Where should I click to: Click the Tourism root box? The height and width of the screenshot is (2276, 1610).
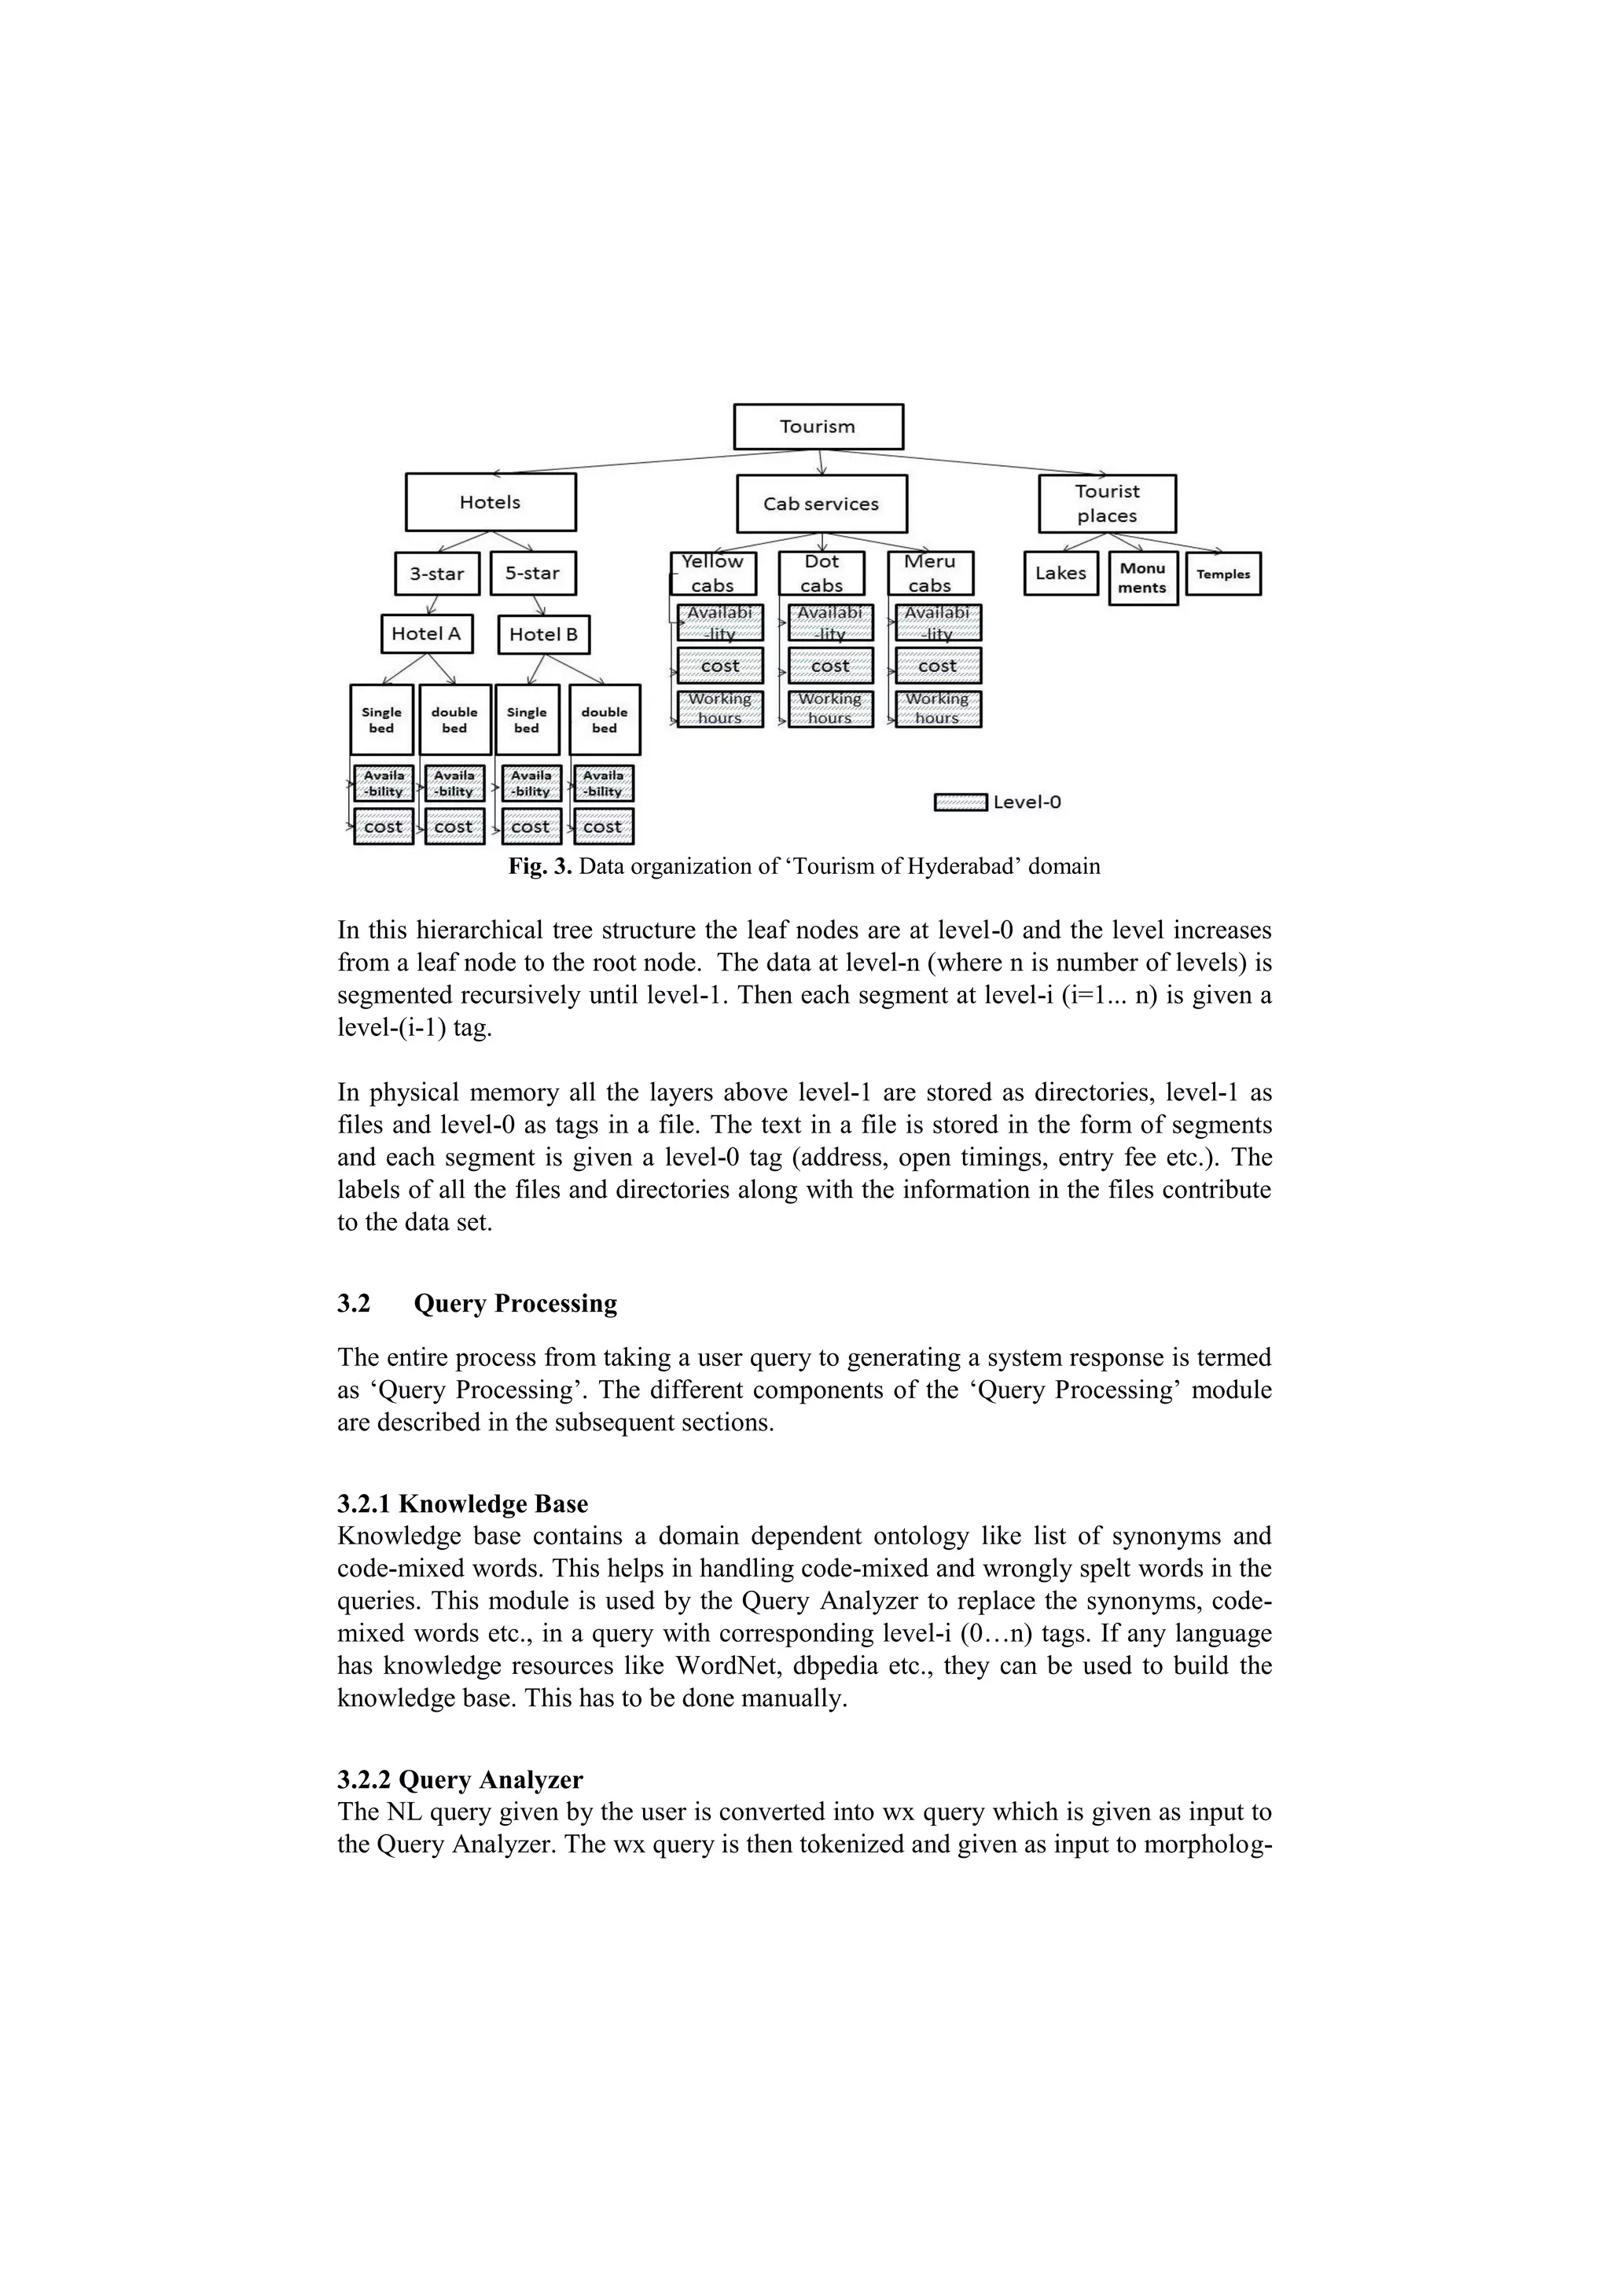tap(818, 426)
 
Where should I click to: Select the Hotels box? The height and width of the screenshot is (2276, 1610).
tap(490, 501)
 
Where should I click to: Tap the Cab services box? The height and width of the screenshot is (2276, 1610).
tap(821, 504)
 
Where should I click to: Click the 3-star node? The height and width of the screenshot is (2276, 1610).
tap(436, 573)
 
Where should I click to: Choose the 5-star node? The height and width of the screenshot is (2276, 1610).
tap(532, 573)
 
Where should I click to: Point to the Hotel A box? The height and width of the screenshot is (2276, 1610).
tap(426, 633)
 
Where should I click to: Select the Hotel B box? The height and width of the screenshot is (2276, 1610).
tap(542, 634)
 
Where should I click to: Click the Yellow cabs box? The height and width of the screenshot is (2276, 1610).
tap(713, 573)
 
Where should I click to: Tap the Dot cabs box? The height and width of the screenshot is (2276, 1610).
tap(821, 573)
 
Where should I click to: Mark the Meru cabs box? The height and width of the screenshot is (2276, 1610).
tap(930, 573)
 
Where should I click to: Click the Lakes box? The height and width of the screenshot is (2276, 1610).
tap(1060, 573)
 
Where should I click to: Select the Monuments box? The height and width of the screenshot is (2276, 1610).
tap(1142, 578)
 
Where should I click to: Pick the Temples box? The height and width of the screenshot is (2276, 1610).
tap(1223, 574)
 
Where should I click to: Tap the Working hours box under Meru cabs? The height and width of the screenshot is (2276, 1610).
tap(938, 709)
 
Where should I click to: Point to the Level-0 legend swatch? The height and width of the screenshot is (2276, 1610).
tap(960, 802)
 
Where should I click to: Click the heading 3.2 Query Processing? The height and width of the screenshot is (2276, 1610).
tap(477, 1304)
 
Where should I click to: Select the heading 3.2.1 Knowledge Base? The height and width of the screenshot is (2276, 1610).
tap(462, 1503)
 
